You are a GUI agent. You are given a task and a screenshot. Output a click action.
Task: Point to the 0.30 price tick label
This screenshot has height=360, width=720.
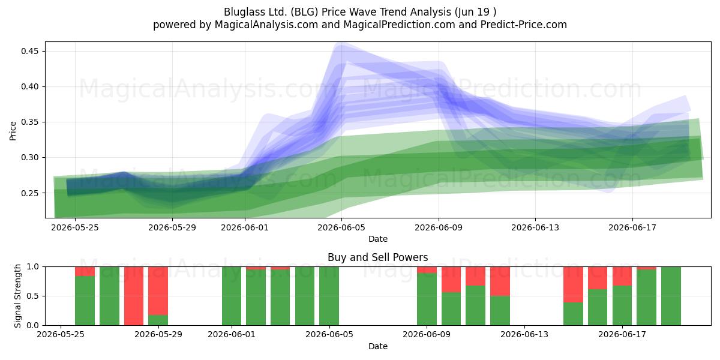tap(30, 157)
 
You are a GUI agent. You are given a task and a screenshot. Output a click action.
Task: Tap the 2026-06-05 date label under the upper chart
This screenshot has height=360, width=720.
tap(341, 227)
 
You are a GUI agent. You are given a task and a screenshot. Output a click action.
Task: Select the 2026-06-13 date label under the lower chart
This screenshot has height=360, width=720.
tap(524, 334)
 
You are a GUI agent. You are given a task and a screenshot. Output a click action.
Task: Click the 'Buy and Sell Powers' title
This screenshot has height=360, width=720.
tap(377, 257)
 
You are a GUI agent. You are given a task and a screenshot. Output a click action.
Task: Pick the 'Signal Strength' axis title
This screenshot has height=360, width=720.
tap(17, 296)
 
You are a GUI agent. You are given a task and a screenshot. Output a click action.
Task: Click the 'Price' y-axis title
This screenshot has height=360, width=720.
tap(13, 131)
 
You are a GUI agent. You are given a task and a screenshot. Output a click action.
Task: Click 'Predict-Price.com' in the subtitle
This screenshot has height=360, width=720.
tap(524, 25)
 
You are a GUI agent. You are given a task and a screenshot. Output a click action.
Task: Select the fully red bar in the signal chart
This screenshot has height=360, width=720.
tap(134, 296)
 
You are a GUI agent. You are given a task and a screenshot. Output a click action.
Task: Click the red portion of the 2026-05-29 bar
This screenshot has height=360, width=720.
tap(158, 290)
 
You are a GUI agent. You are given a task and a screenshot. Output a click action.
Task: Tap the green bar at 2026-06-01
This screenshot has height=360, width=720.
tap(232, 296)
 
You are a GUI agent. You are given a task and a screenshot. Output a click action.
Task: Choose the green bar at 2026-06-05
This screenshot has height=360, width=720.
tap(329, 296)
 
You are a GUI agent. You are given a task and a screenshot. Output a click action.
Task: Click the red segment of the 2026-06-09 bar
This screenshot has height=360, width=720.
tap(427, 269)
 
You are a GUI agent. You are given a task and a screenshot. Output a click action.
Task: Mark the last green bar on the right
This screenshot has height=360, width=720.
tap(671, 296)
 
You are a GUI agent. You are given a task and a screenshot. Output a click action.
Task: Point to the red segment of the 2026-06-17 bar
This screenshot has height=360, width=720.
tap(622, 276)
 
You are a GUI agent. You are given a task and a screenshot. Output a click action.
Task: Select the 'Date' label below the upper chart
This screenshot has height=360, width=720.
tap(377, 239)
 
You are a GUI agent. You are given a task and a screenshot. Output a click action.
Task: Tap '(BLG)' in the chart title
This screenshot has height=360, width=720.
tap(304, 12)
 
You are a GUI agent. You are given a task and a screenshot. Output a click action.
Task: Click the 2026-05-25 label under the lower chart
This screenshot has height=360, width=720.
tap(61, 334)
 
